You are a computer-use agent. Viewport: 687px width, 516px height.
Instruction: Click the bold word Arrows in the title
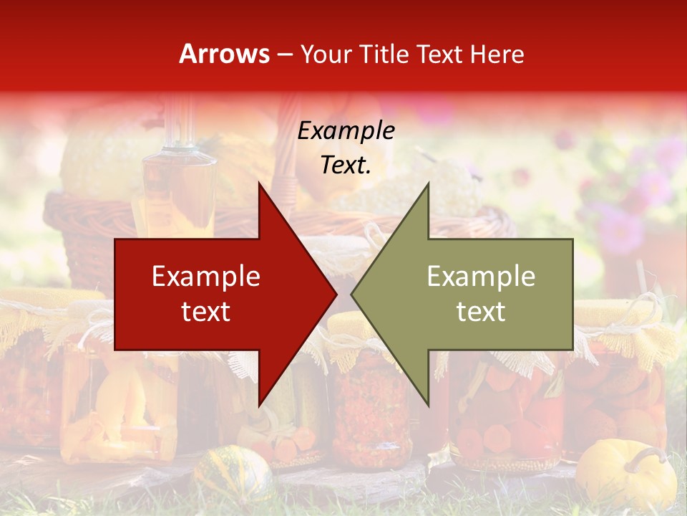(x=225, y=54)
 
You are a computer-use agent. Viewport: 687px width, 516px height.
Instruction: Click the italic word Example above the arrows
(x=346, y=131)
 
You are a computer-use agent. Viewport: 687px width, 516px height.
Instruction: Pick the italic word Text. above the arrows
(x=346, y=165)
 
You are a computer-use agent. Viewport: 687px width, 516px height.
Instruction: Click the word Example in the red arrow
(x=205, y=277)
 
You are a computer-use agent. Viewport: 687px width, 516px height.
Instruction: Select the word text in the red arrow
(x=205, y=312)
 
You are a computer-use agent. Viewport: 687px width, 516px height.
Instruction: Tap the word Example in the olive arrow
(x=481, y=277)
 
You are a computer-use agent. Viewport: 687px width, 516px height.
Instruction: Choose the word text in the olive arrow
(x=481, y=312)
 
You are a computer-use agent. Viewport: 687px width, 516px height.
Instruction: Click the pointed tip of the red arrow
(x=336, y=295)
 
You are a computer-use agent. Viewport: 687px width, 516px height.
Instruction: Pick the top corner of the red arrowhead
(x=259, y=183)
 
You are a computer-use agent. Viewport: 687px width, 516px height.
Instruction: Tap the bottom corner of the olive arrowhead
(x=428, y=406)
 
